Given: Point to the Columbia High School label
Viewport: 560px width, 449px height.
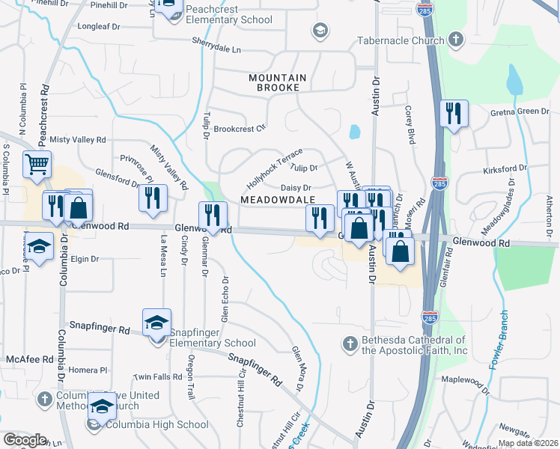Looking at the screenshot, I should [156, 424].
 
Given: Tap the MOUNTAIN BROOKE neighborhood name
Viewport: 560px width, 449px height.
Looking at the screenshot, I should [278, 82].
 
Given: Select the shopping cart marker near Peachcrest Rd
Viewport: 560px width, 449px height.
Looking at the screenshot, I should [37, 164].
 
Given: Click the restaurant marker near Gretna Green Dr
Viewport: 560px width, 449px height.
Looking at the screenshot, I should [453, 114].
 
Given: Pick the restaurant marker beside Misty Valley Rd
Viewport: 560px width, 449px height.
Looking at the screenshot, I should [153, 198].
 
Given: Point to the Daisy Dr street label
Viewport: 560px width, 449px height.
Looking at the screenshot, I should [295, 188].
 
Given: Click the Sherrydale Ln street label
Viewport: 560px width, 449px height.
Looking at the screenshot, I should [216, 46].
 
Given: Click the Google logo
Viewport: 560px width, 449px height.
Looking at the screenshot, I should [25, 440].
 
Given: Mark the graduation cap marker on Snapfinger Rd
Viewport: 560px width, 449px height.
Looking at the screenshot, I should [156, 323].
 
